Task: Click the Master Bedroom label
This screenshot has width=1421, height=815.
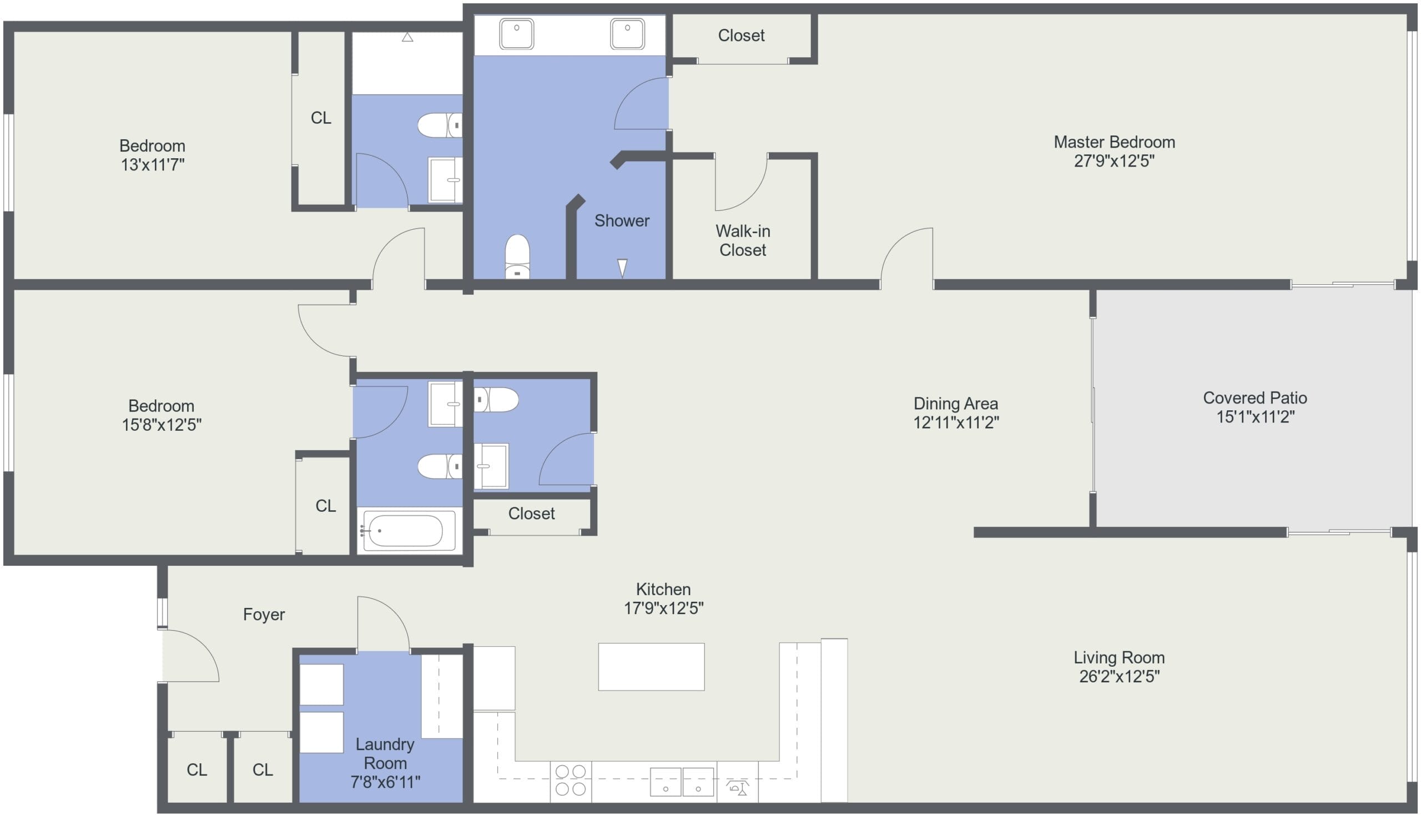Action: [1113, 142]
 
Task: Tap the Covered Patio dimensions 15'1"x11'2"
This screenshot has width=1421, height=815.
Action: [1255, 417]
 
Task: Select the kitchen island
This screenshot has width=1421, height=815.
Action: [651, 667]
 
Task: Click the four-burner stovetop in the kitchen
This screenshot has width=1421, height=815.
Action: [570, 781]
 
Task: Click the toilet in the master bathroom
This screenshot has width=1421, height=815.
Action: [517, 256]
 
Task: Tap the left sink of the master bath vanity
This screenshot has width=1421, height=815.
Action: [516, 33]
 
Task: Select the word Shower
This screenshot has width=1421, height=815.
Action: [622, 221]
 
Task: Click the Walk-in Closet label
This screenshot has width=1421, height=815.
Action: [743, 241]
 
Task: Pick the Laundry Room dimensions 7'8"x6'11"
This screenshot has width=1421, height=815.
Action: [385, 782]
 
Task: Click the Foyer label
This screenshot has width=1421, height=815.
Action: [264, 615]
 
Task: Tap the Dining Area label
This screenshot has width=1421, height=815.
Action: [956, 404]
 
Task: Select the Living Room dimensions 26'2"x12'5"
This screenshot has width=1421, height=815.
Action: [1120, 677]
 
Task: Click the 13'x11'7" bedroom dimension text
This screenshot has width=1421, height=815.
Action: [152, 165]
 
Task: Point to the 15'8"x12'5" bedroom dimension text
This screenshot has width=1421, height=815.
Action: [162, 425]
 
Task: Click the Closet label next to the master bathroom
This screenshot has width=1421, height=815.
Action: [741, 36]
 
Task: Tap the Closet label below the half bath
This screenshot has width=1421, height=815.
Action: [531, 514]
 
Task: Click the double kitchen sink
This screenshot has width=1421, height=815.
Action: [682, 782]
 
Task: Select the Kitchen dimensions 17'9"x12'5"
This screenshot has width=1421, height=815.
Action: [664, 608]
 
